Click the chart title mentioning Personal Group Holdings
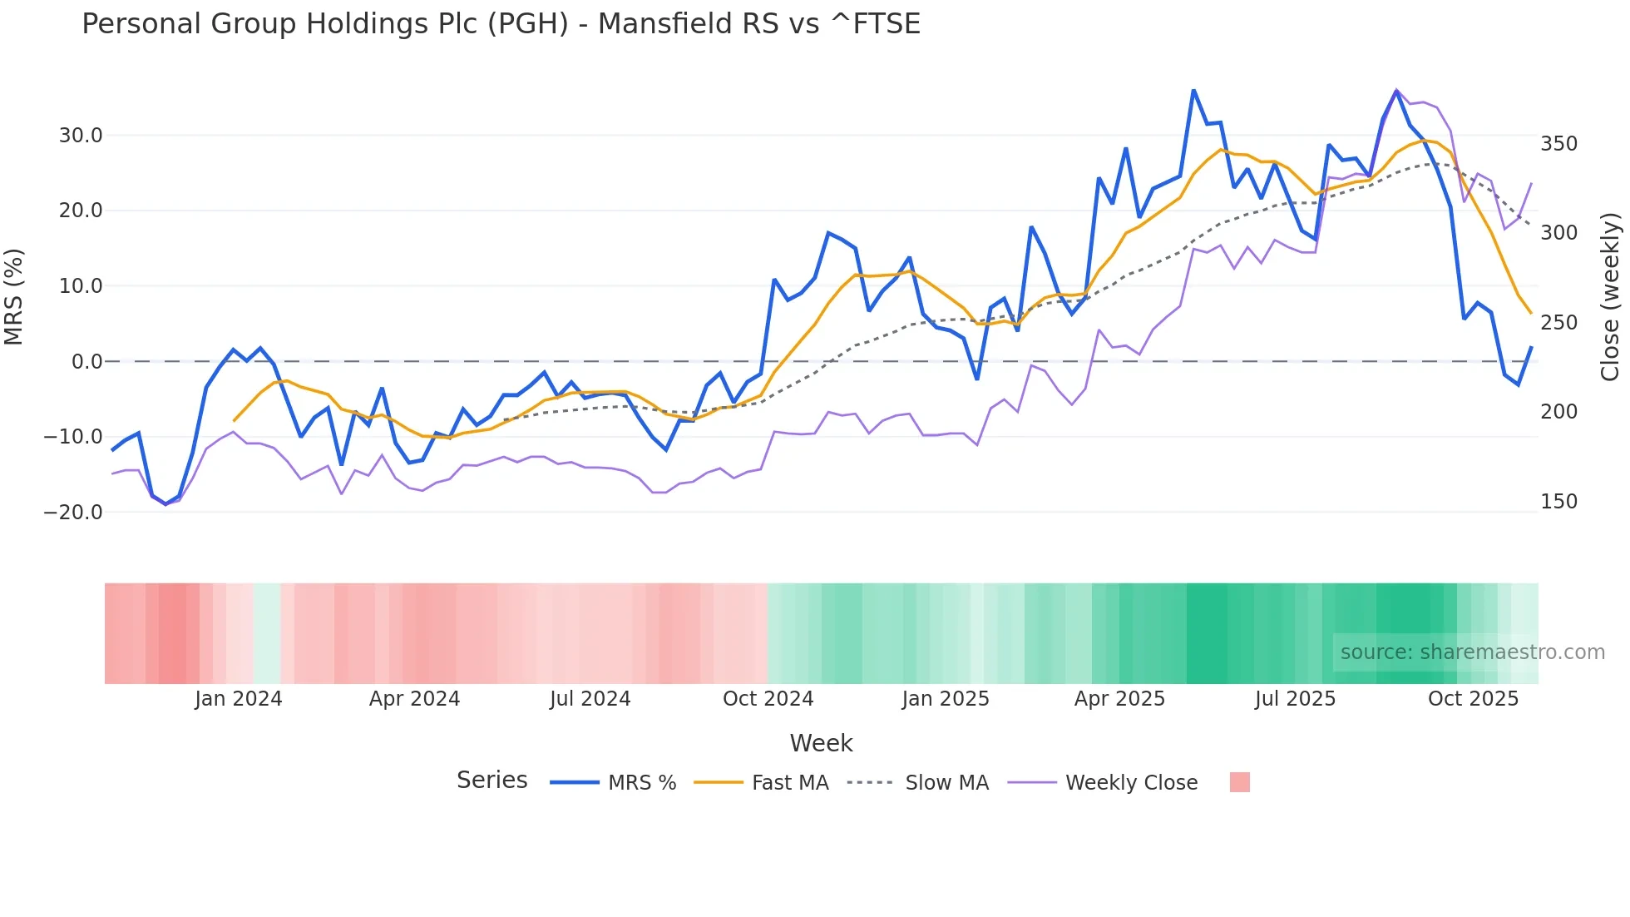[501, 23]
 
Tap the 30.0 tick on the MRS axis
[81, 135]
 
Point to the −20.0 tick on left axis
[73, 512]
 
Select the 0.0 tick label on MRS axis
[86, 361]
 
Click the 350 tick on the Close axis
[1558, 144]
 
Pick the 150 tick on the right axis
[1558, 502]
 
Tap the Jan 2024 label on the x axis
[239, 699]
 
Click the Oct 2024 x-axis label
[768, 699]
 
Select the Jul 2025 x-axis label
[1295, 699]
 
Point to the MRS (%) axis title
[14, 297]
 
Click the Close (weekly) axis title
[1610, 297]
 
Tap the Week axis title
[821, 743]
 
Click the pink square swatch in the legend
[1239, 782]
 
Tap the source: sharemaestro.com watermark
[1472, 652]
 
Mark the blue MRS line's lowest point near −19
[165, 504]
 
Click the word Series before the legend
[491, 781]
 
